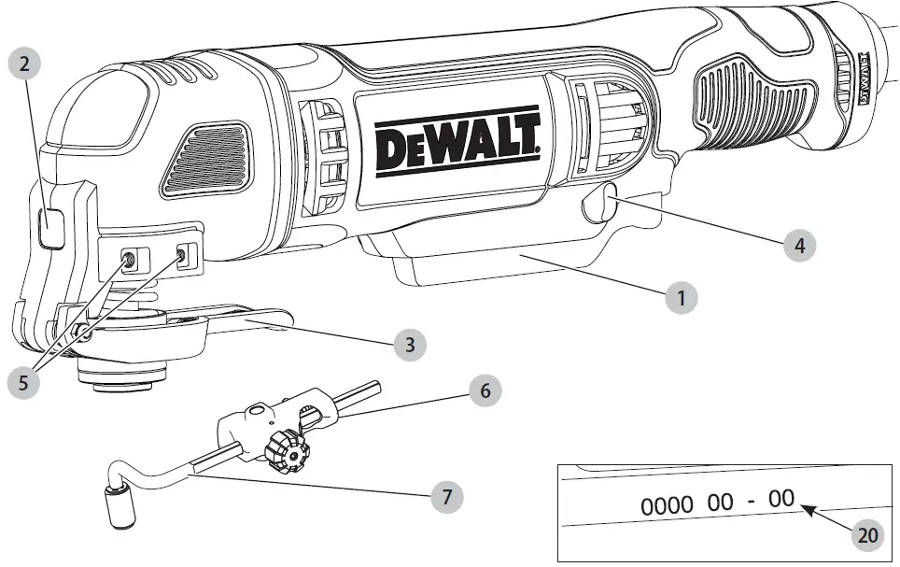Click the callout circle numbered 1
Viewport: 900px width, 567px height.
tap(682, 299)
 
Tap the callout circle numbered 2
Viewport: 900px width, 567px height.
tap(25, 65)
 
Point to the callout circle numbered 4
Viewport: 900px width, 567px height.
tap(797, 247)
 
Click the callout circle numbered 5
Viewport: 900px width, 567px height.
tap(22, 383)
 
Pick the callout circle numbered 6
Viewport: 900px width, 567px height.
tap(483, 390)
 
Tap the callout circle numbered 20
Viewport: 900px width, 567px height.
tap(867, 535)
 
